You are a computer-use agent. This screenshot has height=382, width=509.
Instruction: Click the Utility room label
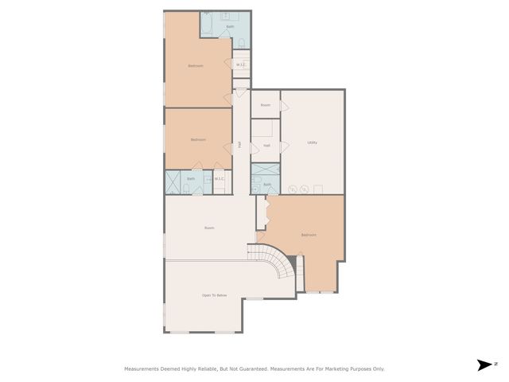[x=313, y=142]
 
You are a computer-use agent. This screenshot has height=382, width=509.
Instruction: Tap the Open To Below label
[x=214, y=295]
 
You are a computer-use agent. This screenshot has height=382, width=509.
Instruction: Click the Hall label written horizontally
[x=266, y=146]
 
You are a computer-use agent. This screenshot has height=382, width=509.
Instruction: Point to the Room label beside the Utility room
[x=266, y=105]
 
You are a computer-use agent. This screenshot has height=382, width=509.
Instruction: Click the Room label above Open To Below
[x=209, y=228]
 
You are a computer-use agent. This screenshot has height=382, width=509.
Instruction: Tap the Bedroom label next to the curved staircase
[x=309, y=235]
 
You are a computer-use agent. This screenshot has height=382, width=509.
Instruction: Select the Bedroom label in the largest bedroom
[x=196, y=65]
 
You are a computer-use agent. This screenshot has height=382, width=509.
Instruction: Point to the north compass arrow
[x=484, y=364]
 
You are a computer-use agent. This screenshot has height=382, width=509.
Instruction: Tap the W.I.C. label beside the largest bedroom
[x=240, y=64]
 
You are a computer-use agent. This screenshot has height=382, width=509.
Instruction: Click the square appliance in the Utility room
[x=318, y=189]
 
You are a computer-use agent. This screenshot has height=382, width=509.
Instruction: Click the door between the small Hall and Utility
[x=279, y=149]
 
